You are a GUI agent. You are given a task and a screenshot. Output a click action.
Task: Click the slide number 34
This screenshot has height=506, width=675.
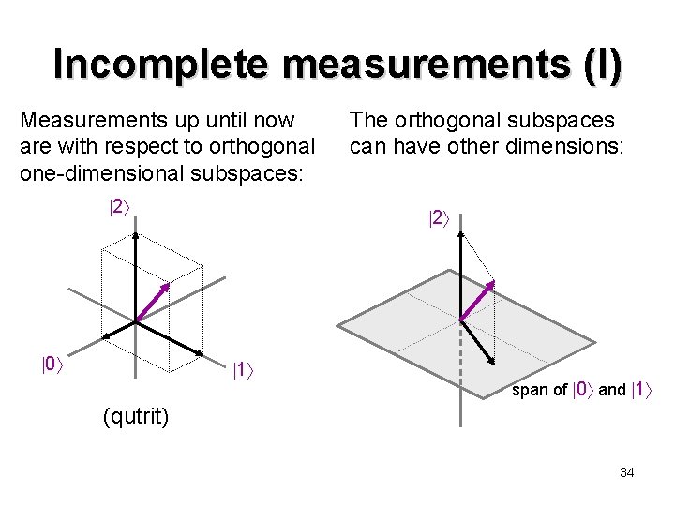click(627, 472)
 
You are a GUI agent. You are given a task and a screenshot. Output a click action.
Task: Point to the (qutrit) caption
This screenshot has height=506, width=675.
click(136, 415)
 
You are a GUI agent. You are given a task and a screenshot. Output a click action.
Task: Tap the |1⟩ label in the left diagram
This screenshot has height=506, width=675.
click(245, 371)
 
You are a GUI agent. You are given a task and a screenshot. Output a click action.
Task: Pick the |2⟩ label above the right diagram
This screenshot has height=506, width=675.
click(440, 219)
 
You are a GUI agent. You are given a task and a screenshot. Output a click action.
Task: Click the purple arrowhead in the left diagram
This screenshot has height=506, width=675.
click(167, 287)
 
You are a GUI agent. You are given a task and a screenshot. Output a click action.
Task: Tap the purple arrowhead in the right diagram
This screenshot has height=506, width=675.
click(490, 284)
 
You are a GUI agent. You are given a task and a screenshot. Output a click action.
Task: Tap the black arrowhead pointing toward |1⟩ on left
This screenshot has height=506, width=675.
click(200, 352)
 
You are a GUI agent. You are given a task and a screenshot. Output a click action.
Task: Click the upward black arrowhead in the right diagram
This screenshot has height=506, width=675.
click(459, 235)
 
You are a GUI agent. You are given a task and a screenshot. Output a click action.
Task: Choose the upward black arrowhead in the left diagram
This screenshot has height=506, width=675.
click(137, 235)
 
